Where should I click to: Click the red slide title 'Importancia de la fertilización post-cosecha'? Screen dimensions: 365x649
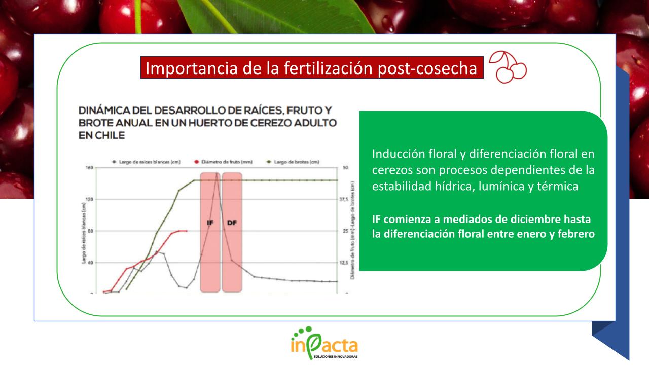point(312,68)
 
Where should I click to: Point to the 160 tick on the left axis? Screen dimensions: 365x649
point(91,168)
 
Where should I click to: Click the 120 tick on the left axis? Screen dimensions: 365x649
point(91,199)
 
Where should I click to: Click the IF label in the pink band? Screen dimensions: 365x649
point(210,223)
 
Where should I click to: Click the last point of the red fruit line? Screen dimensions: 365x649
point(186,231)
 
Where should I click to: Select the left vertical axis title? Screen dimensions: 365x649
point(83,231)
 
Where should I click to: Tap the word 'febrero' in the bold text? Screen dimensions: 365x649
point(575,235)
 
